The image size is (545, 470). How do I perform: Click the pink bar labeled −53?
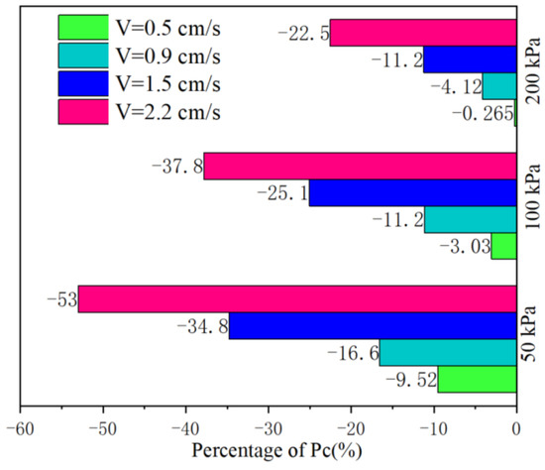pyautogui.click(x=297, y=298)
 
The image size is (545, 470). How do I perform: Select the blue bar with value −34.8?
pyautogui.click(x=373, y=325)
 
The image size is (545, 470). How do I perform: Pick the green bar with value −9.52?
pyautogui.click(x=478, y=379)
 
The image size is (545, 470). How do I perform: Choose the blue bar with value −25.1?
pyautogui.click(x=412, y=192)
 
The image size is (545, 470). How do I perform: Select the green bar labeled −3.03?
pyautogui.click(x=504, y=246)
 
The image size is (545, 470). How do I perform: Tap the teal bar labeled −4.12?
pyautogui.click(x=499, y=86)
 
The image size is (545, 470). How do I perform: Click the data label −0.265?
pyautogui.click(x=482, y=113)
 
